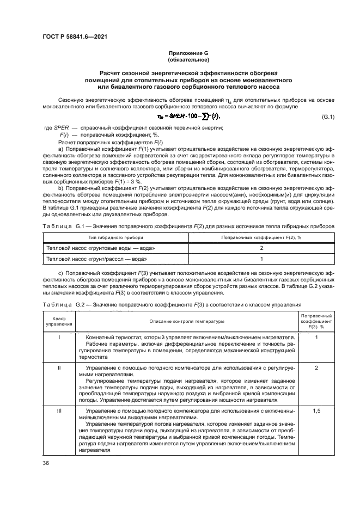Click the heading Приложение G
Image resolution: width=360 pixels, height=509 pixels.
188,53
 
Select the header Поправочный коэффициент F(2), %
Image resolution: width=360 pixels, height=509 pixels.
261,237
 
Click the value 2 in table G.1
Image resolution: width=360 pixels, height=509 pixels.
261,248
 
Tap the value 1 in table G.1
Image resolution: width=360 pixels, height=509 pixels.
261,259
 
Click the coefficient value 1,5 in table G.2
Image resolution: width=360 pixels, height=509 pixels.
316,410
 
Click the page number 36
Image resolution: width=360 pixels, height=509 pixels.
46,463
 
